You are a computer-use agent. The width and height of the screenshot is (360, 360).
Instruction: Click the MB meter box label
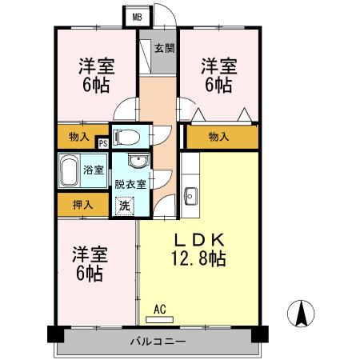click(137, 16)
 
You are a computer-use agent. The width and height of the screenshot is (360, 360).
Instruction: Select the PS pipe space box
click(102, 143)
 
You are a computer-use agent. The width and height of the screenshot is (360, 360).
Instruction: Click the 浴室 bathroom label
click(94, 169)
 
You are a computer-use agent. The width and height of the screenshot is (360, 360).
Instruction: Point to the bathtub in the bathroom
click(70, 169)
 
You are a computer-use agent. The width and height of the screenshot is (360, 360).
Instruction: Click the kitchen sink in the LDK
click(191, 195)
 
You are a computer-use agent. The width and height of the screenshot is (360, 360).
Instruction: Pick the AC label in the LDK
click(159, 308)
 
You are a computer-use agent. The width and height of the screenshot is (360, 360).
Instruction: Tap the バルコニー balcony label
click(158, 342)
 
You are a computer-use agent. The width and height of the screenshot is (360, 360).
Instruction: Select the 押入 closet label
click(83, 205)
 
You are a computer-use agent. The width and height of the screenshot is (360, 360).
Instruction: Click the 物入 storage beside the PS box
click(79, 136)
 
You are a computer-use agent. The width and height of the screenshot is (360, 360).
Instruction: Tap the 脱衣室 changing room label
click(130, 183)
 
